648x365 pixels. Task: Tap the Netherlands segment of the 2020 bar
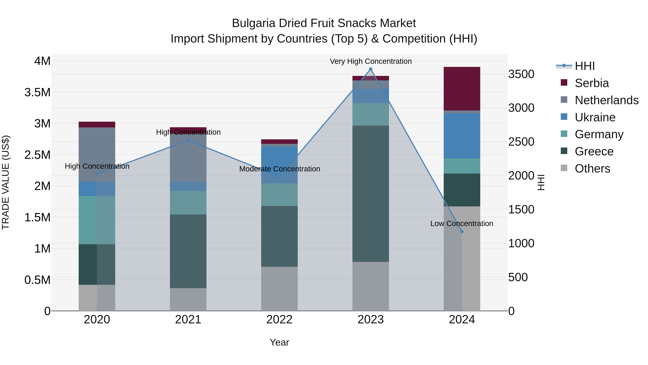pyautogui.click(x=97, y=154)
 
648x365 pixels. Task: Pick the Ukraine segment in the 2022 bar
pyautogui.click(x=279, y=165)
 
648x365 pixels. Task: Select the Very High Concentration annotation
pyautogui.click(x=371, y=61)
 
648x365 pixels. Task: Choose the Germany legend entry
pyautogui.click(x=599, y=134)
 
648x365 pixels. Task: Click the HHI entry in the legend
pyautogui.click(x=584, y=66)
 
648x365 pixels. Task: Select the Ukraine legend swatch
pyautogui.click(x=564, y=117)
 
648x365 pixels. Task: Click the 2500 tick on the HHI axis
pyautogui.click(x=521, y=142)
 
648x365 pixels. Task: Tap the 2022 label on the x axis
pyautogui.click(x=279, y=320)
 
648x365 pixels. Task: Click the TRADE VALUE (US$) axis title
pyautogui.click(x=6, y=182)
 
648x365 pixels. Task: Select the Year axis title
pyautogui.click(x=279, y=342)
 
